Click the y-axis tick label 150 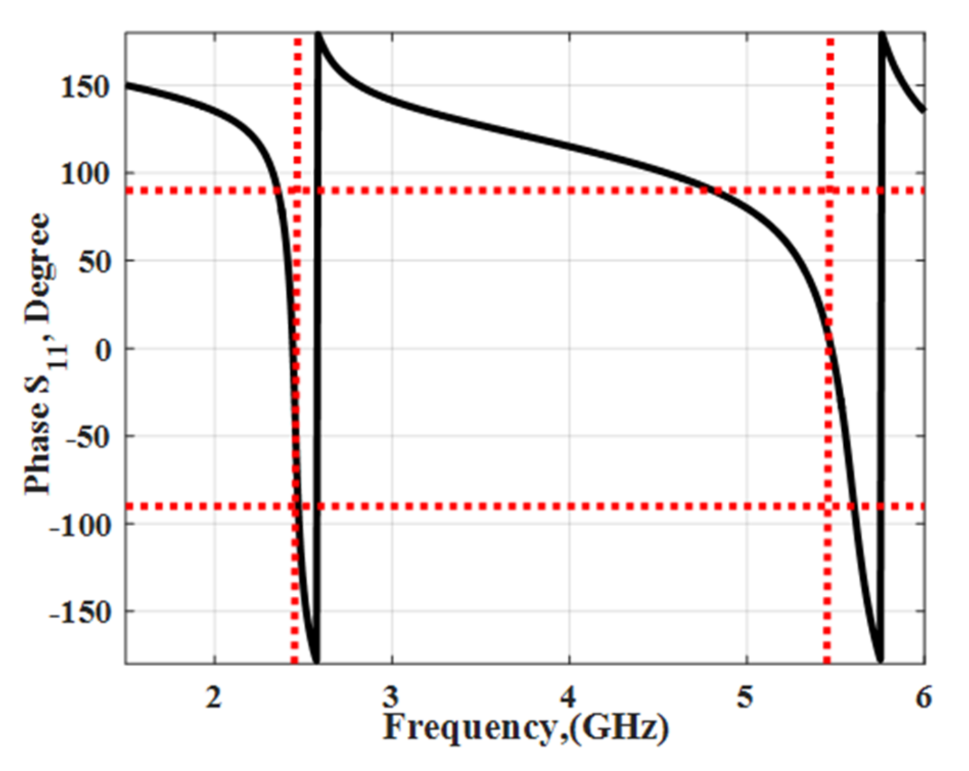pos(85,87)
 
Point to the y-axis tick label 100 pos(85,174)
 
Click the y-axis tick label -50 pos(88,438)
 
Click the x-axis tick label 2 pos(214,696)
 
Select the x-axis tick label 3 pos(391,696)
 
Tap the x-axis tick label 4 pos(568,696)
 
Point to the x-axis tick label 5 pos(745,696)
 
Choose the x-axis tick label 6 pos(923,696)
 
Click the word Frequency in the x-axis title pos(470,729)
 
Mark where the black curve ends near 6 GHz pos(923,109)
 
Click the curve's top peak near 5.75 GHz pos(882,35)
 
